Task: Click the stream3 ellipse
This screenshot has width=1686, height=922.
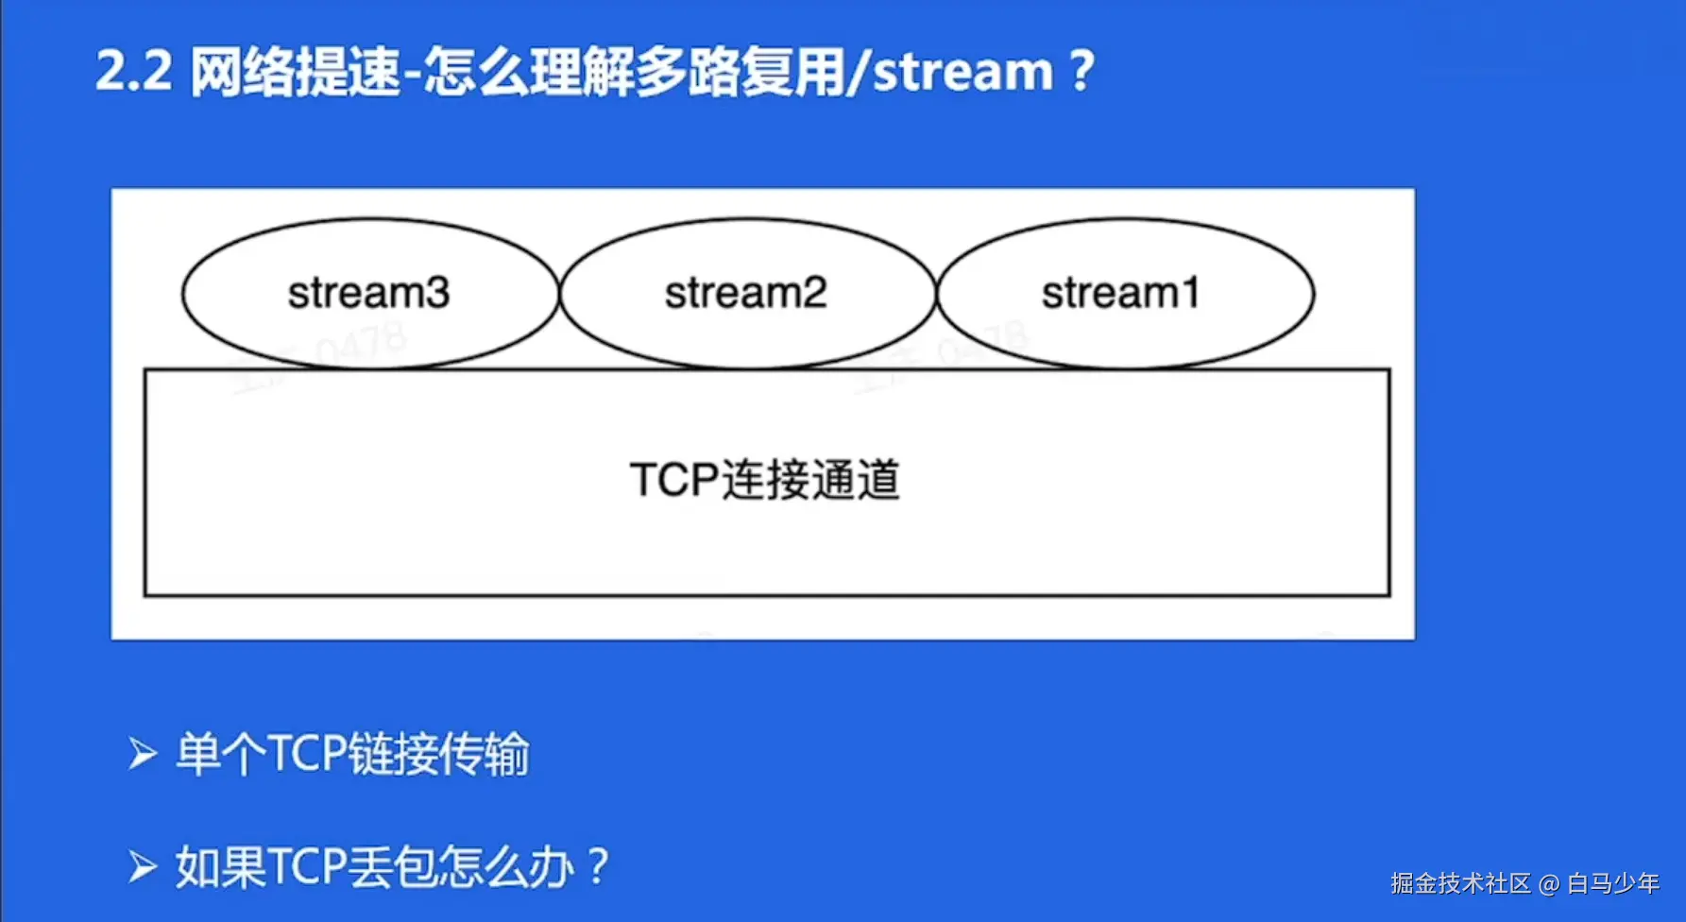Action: (369, 293)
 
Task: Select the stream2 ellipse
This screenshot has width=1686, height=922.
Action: (746, 293)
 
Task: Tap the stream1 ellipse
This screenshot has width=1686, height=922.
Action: (1124, 293)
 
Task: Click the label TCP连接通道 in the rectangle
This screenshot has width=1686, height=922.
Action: (765, 480)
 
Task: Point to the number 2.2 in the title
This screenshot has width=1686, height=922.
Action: (133, 72)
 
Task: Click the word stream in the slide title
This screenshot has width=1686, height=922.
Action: (962, 72)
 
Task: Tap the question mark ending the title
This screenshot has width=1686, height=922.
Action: (1082, 72)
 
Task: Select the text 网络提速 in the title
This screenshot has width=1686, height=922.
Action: (295, 72)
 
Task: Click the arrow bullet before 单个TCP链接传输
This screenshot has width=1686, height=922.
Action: (142, 755)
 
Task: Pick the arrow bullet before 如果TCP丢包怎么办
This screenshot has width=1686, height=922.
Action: (142, 867)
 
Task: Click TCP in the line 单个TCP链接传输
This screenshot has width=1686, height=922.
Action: (307, 755)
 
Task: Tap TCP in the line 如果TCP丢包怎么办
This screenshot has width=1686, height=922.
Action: (307, 867)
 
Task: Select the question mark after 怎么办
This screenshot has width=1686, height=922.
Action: (598, 867)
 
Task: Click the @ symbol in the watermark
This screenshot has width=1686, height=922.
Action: (1549, 884)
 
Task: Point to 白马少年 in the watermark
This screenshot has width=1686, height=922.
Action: (1613, 884)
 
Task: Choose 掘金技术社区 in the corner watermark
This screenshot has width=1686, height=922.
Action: (1460, 884)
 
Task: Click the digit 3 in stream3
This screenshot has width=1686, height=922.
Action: (436, 293)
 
